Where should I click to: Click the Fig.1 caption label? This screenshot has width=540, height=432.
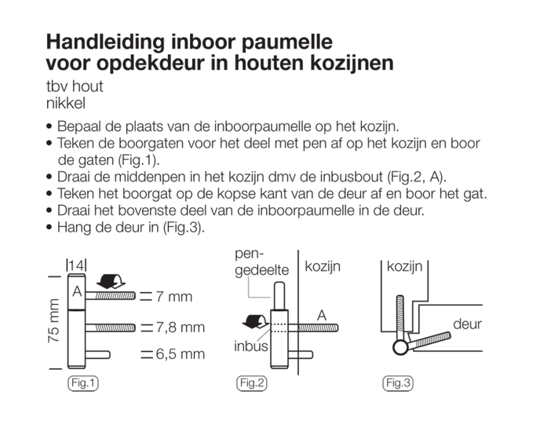point(83,383)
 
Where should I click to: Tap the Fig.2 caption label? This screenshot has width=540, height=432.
point(252,383)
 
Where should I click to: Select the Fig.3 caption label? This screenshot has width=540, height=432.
point(398,383)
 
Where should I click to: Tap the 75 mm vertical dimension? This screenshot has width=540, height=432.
point(54,320)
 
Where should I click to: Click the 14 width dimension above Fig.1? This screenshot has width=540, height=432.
point(76,265)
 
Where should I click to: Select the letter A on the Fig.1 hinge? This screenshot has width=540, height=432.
point(77,291)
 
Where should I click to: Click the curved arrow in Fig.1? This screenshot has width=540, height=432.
point(111,281)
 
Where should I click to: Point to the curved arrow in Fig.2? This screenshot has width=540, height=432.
point(255,321)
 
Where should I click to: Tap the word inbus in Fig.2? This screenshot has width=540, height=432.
point(250,346)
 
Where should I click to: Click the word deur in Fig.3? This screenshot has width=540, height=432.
point(467,324)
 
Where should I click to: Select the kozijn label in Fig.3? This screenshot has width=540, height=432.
point(404,266)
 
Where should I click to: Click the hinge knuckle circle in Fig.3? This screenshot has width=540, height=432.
point(400,347)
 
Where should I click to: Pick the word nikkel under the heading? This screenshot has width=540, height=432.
point(66,104)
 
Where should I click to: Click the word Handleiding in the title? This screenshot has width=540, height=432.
point(105,42)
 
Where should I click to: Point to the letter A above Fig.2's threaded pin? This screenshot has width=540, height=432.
point(322,316)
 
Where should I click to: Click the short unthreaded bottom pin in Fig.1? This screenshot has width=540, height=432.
point(98,355)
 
